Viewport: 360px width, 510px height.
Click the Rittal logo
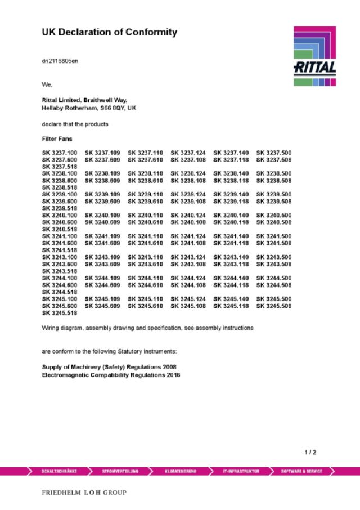[x=314, y=56]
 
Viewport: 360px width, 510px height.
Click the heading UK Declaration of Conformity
[x=109, y=33]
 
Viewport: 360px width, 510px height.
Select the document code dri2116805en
[x=60, y=61]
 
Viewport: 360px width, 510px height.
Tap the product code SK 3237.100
[x=60, y=153]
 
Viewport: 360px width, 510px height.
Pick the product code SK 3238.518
[x=60, y=187]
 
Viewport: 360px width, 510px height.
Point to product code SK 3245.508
[x=274, y=306]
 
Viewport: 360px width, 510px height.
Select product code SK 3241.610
[x=145, y=243]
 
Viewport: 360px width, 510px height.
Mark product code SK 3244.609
[x=102, y=285]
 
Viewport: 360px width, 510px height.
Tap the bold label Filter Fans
[x=57, y=138]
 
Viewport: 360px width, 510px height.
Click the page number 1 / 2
[x=310, y=453]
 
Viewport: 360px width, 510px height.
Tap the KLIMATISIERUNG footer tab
[x=181, y=471]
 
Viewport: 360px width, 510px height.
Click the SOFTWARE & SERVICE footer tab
[x=301, y=471]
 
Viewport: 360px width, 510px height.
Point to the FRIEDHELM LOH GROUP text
[x=84, y=493]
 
